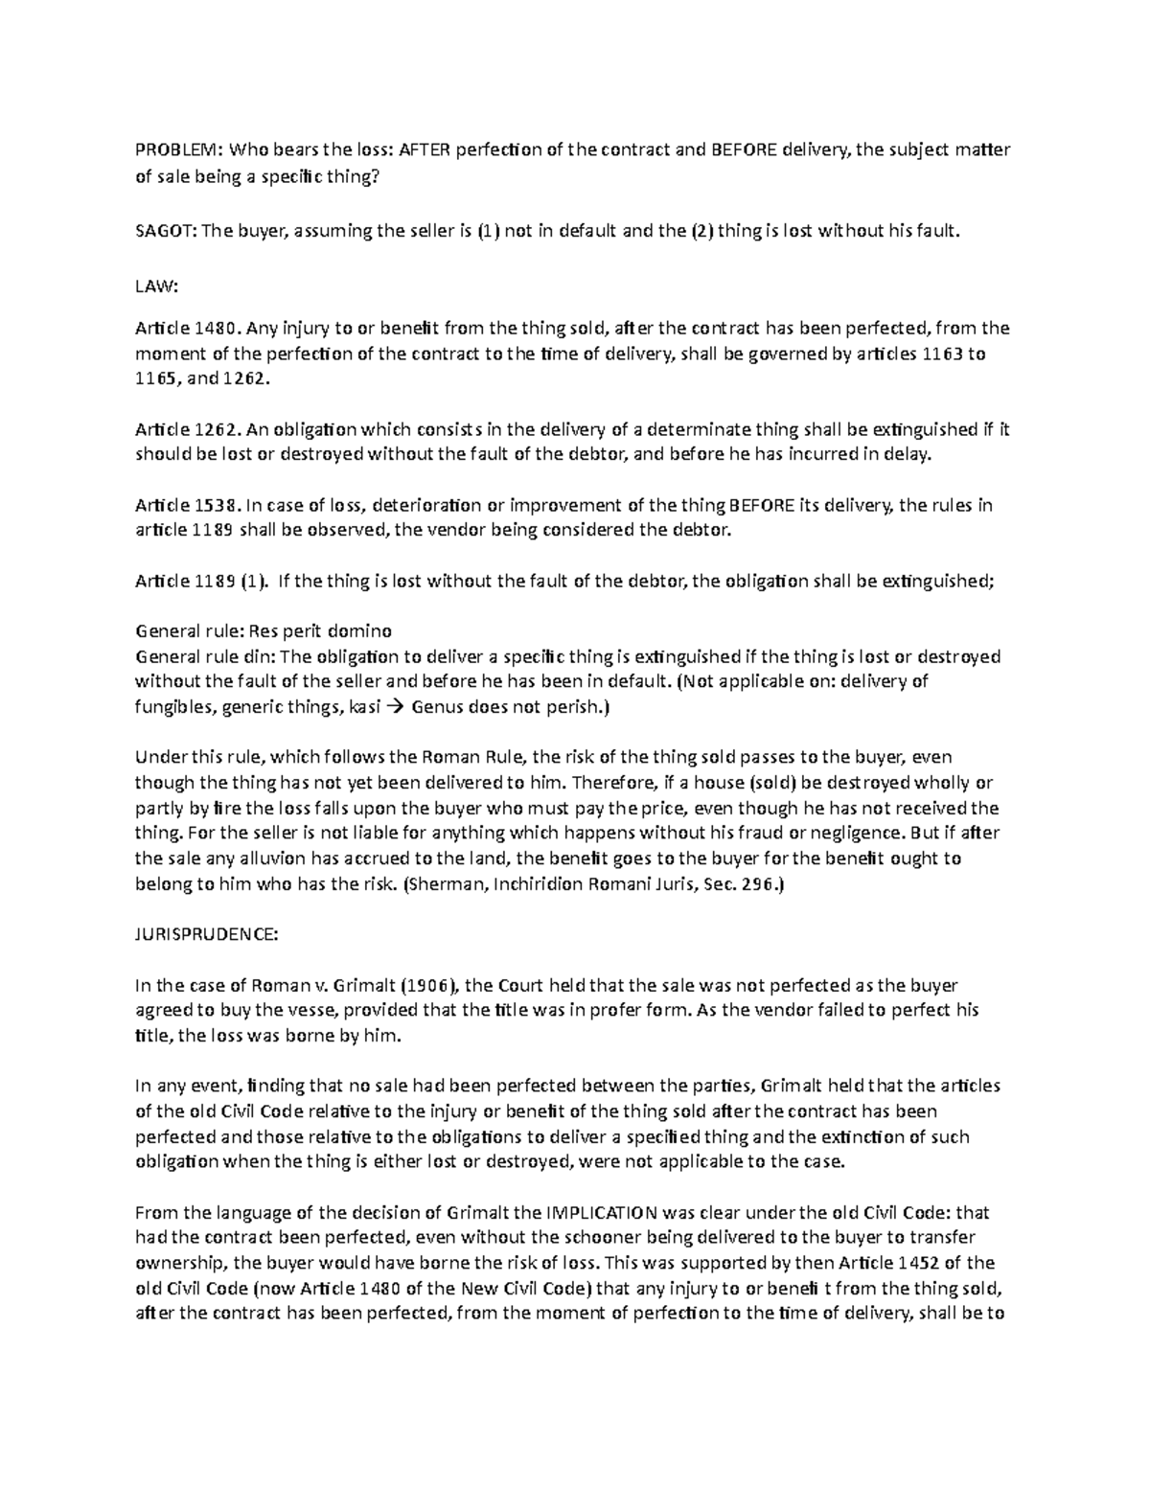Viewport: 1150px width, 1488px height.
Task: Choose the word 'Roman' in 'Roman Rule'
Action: click(419, 756)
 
